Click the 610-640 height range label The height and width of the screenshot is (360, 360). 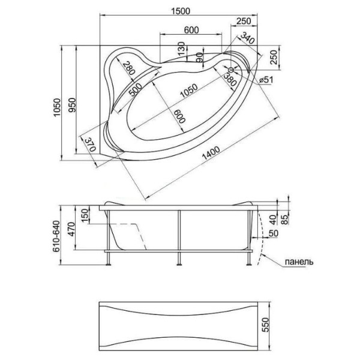pos(56,236)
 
